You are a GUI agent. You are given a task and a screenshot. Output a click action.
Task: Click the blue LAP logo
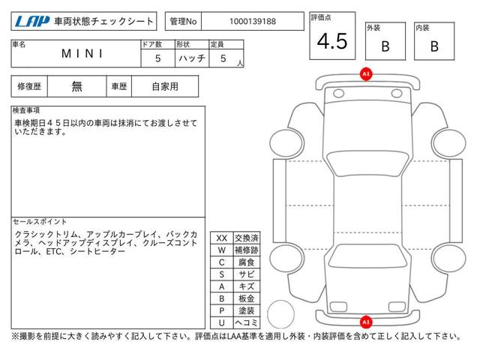[x=32, y=22]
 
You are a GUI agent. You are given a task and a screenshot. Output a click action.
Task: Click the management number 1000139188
[x=253, y=22]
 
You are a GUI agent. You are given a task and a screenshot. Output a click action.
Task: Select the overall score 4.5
[x=332, y=41]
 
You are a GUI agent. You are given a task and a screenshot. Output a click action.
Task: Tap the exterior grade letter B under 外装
[x=385, y=46]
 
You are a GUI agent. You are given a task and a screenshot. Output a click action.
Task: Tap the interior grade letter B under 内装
[x=434, y=46]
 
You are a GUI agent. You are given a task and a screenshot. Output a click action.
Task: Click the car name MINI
[x=82, y=54]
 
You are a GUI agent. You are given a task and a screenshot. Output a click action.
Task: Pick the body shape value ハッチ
[x=192, y=58]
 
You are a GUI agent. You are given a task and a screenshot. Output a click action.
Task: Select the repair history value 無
[x=76, y=86]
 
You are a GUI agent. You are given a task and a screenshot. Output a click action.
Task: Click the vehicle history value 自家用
[x=165, y=86]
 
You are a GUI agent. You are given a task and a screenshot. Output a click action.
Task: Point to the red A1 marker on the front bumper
[x=366, y=74]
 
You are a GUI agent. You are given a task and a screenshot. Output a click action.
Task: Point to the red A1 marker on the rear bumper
[x=366, y=322]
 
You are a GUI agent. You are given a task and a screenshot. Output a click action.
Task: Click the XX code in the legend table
[x=222, y=238]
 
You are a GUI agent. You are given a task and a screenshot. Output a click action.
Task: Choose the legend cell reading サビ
[x=247, y=274]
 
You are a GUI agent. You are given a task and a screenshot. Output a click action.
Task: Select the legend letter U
[x=222, y=322]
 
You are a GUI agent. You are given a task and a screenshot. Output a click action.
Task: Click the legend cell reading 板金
[x=247, y=298]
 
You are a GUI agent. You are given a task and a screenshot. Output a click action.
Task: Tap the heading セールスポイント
[x=40, y=222]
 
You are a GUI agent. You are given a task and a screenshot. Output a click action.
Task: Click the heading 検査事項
[x=26, y=110]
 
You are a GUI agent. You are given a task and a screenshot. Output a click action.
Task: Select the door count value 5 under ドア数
[x=158, y=58]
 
